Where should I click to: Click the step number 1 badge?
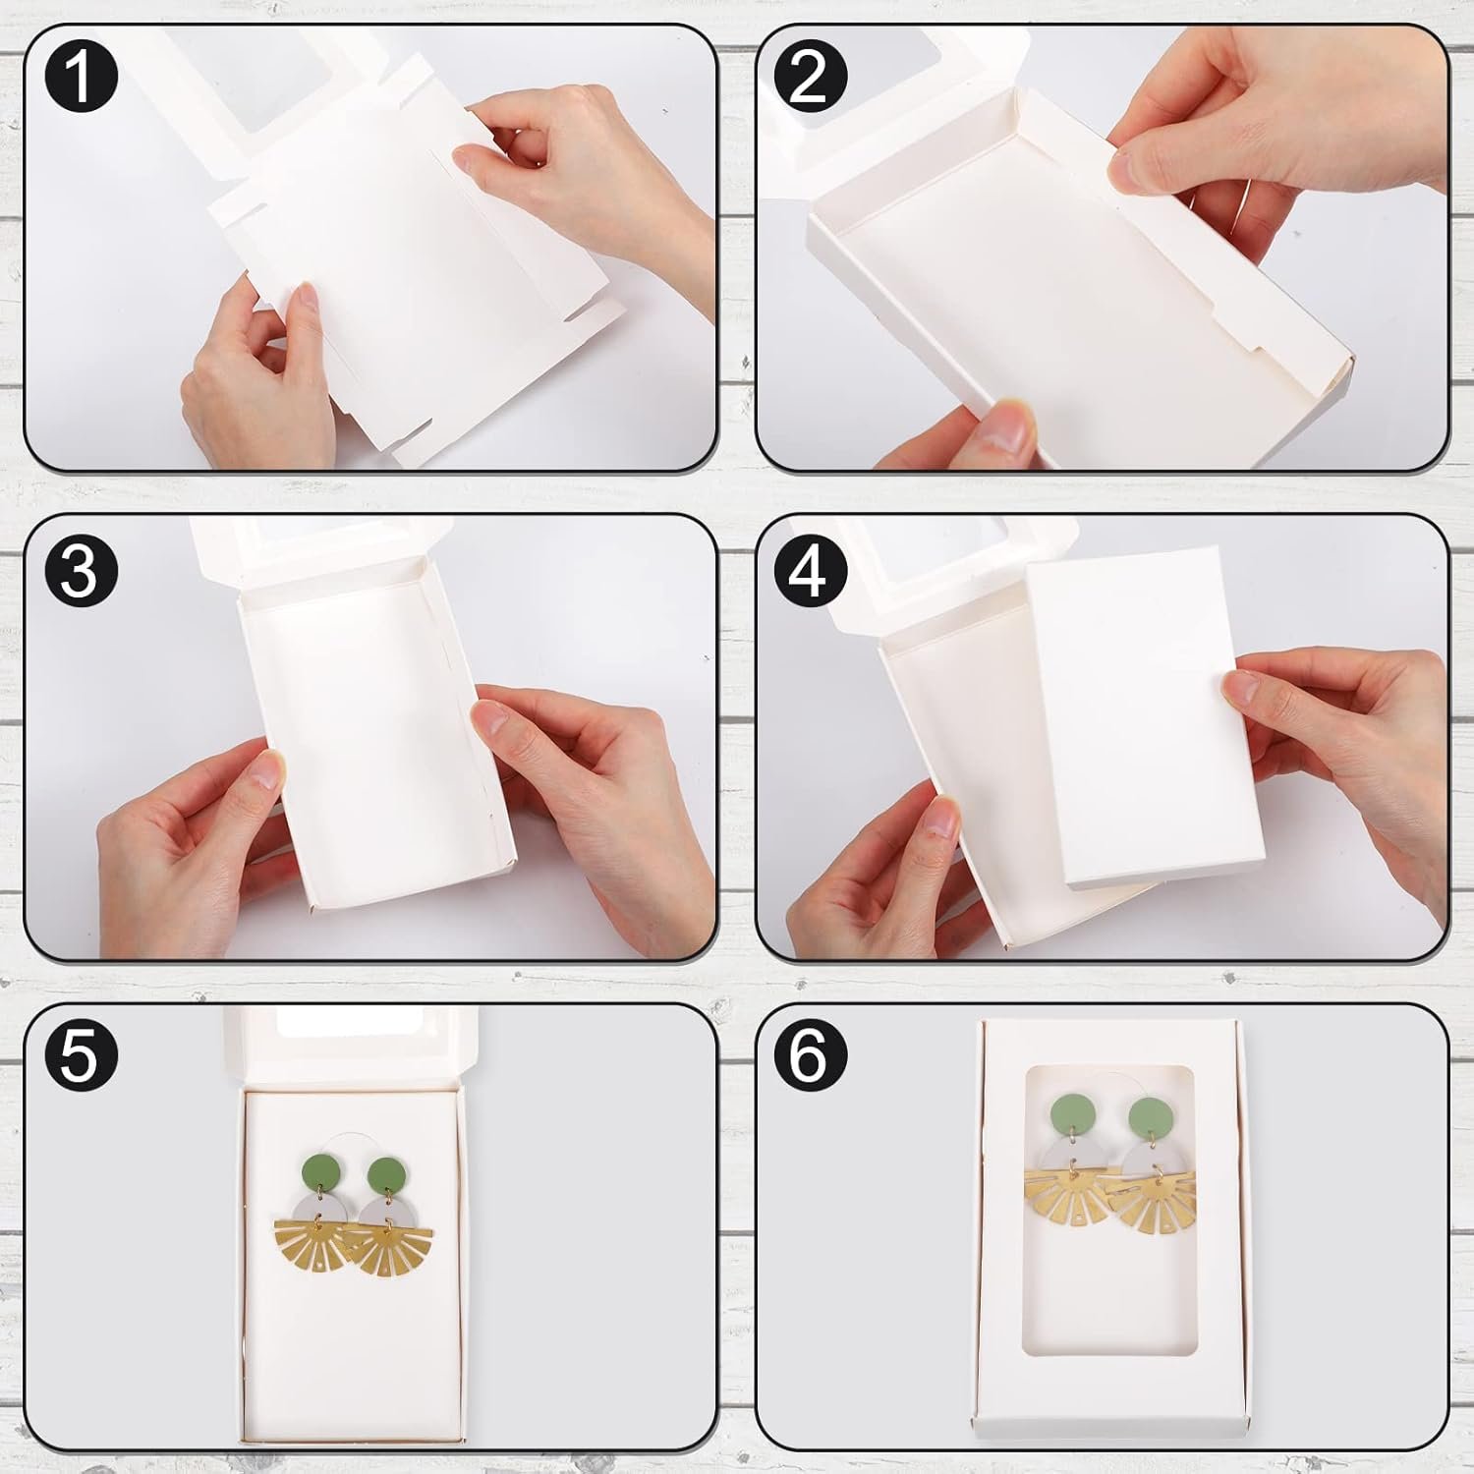pyautogui.click(x=81, y=75)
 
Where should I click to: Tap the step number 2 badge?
pyautogui.click(x=808, y=75)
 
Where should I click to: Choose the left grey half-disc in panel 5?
pyautogui.click(x=327, y=1209)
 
